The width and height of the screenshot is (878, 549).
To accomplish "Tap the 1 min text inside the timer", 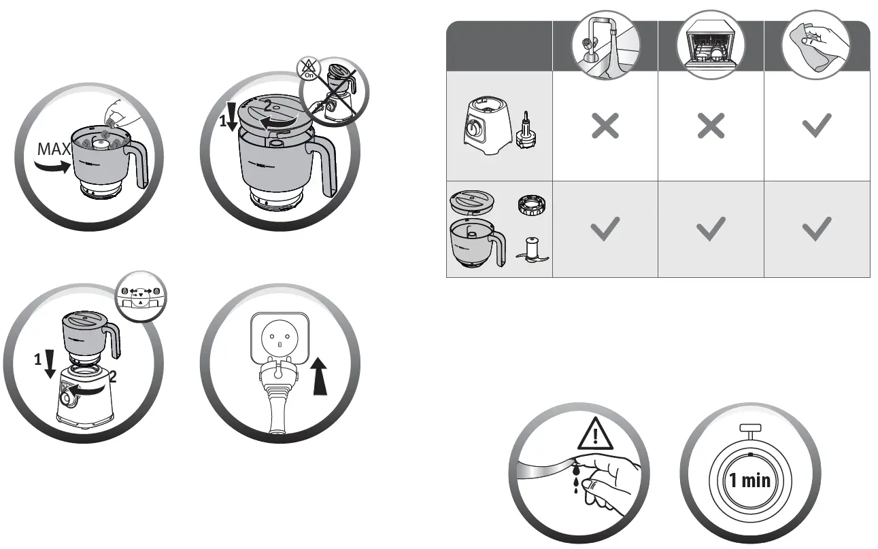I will [x=749, y=480].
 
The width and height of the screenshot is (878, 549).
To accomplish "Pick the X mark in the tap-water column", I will [x=605, y=126].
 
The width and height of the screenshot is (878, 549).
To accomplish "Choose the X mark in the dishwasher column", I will [x=711, y=126].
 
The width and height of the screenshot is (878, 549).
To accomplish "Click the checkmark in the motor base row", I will [x=817, y=126].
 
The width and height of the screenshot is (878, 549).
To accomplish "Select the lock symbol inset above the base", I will [x=140, y=295].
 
